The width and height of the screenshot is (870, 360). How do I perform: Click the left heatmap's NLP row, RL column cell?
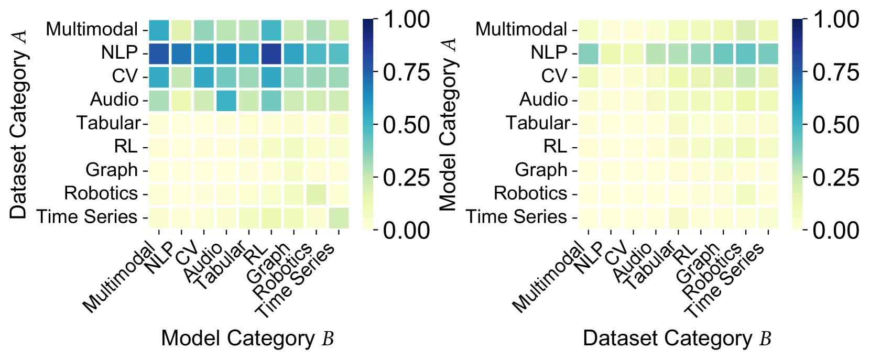271,53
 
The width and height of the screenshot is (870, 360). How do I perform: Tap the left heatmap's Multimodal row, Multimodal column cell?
159,30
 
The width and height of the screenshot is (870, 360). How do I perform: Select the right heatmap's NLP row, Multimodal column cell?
588,53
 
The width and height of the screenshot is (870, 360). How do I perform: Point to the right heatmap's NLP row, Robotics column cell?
746,53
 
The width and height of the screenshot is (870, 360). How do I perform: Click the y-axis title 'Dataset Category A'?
19,125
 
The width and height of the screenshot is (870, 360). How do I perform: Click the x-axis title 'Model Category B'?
247,339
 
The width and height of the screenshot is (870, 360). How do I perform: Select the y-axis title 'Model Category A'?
449,125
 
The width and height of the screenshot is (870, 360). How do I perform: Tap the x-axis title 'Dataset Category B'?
677,339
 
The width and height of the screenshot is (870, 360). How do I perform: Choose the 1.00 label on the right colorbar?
836,20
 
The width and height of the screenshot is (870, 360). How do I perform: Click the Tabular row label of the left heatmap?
108,123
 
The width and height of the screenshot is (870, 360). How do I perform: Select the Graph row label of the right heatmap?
541,170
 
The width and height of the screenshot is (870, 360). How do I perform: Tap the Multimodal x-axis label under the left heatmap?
119,278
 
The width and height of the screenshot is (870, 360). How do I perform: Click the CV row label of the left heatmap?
125,77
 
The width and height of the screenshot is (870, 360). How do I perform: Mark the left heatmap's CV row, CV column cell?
204,77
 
